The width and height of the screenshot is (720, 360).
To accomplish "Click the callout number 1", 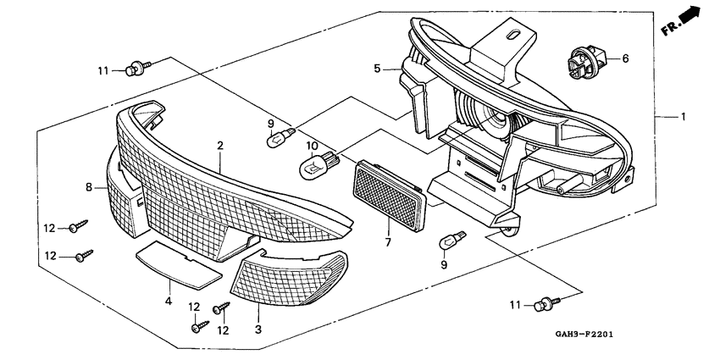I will pyautogui.click(x=683, y=116).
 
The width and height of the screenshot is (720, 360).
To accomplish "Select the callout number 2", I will pyautogui.click(x=219, y=146).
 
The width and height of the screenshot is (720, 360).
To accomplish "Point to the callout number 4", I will pyautogui.click(x=169, y=301).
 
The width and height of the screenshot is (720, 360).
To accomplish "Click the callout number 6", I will pyautogui.click(x=625, y=59).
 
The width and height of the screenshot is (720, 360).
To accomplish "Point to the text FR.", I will pyautogui.click(x=672, y=29).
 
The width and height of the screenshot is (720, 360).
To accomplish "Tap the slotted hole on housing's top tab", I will pyautogui.click(x=513, y=35).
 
